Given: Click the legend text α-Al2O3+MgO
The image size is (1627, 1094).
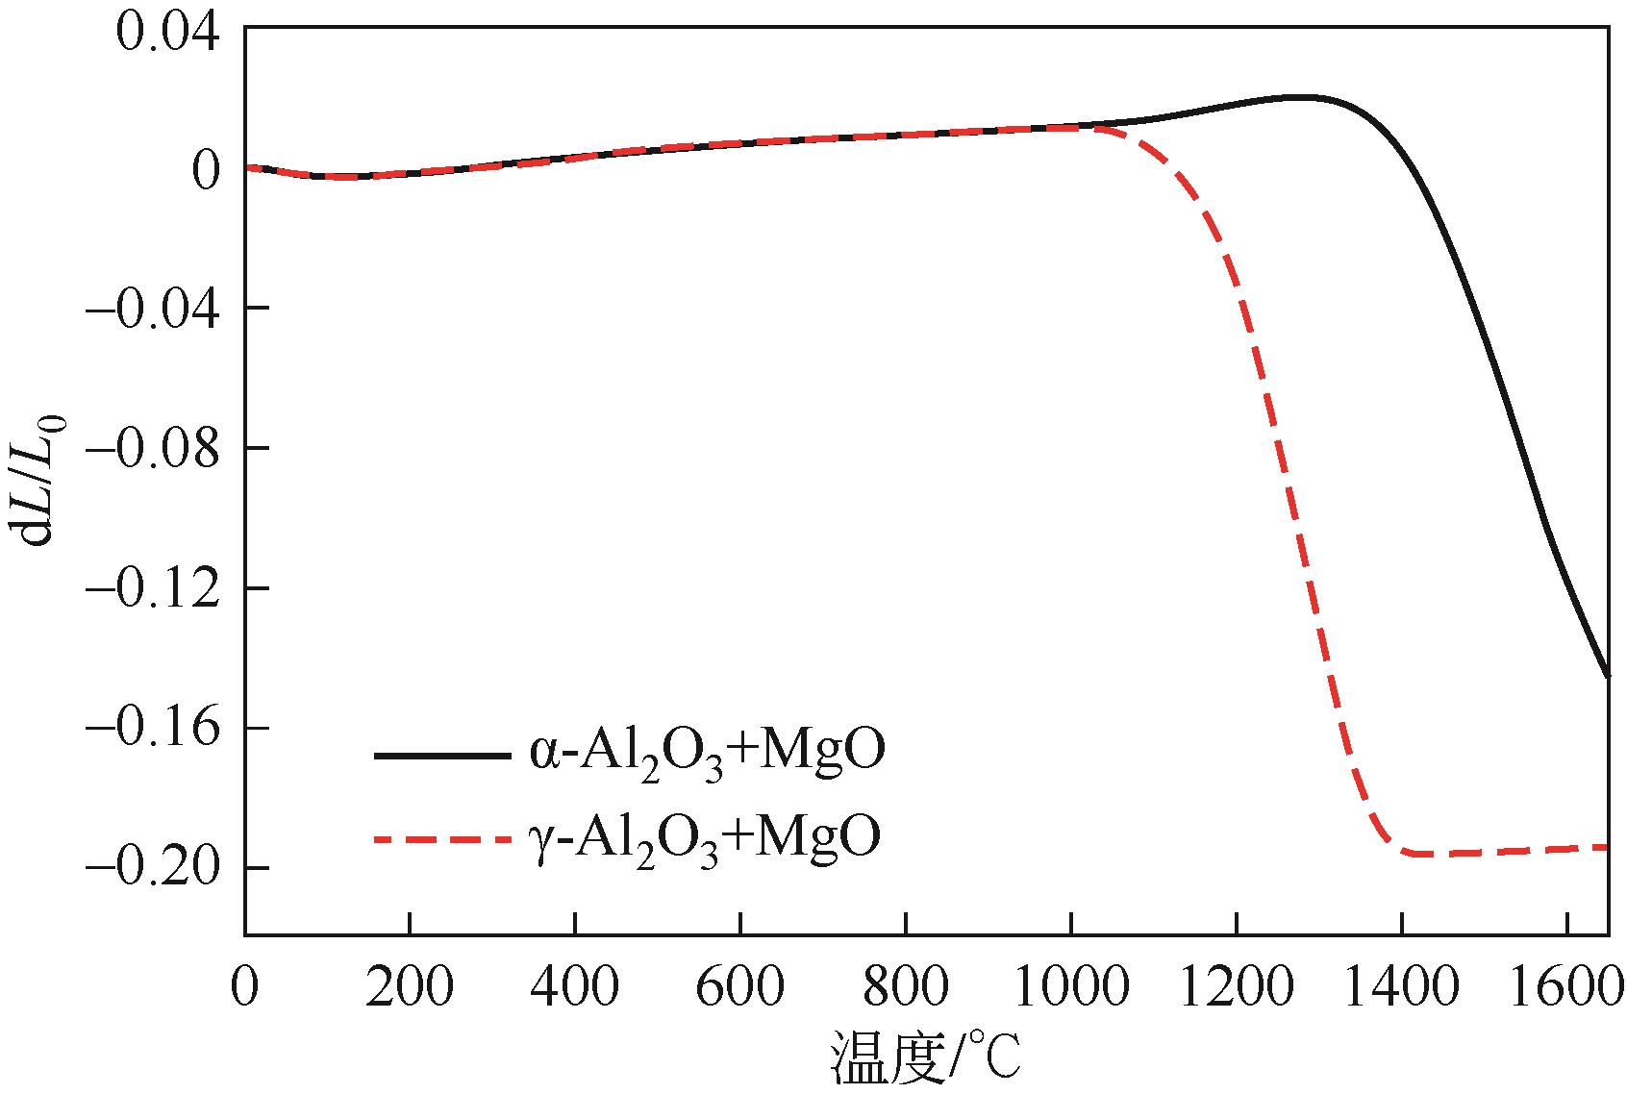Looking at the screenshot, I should pyautogui.click(x=705, y=755).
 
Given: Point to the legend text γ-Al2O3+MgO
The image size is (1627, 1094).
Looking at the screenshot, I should pyautogui.click(x=705, y=838).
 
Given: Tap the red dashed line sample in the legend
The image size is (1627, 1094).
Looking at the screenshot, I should pyautogui.click(x=440, y=839).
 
